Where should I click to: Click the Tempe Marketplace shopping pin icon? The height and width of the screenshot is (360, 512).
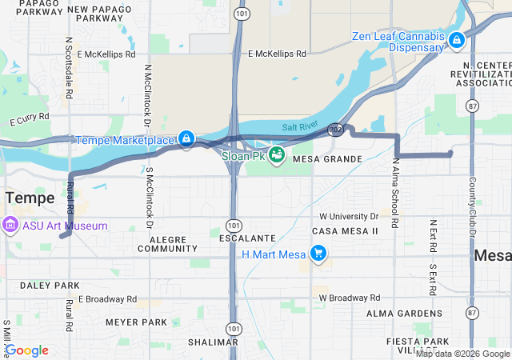pyautogui.click(x=186, y=139)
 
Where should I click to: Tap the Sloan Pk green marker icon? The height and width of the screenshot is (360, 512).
pyautogui.click(x=277, y=154)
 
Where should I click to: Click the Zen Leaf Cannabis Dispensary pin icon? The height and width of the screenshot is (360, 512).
pyautogui.click(x=456, y=38)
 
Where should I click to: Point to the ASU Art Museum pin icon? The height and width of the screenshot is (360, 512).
pyautogui.click(x=10, y=226)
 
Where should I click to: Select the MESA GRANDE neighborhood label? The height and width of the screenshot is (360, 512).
pyautogui.click(x=328, y=159)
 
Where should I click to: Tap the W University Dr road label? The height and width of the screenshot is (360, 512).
pyautogui.click(x=349, y=216)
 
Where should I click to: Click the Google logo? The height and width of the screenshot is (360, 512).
pyautogui.click(x=27, y=350)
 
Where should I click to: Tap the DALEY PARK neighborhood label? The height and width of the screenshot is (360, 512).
pyautogui.click(x=39, y=286)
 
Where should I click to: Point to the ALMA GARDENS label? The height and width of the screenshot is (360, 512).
pyautogui.click(x=399, y=313)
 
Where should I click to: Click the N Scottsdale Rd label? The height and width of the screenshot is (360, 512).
pyautogui.click(x=70, y=67)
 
